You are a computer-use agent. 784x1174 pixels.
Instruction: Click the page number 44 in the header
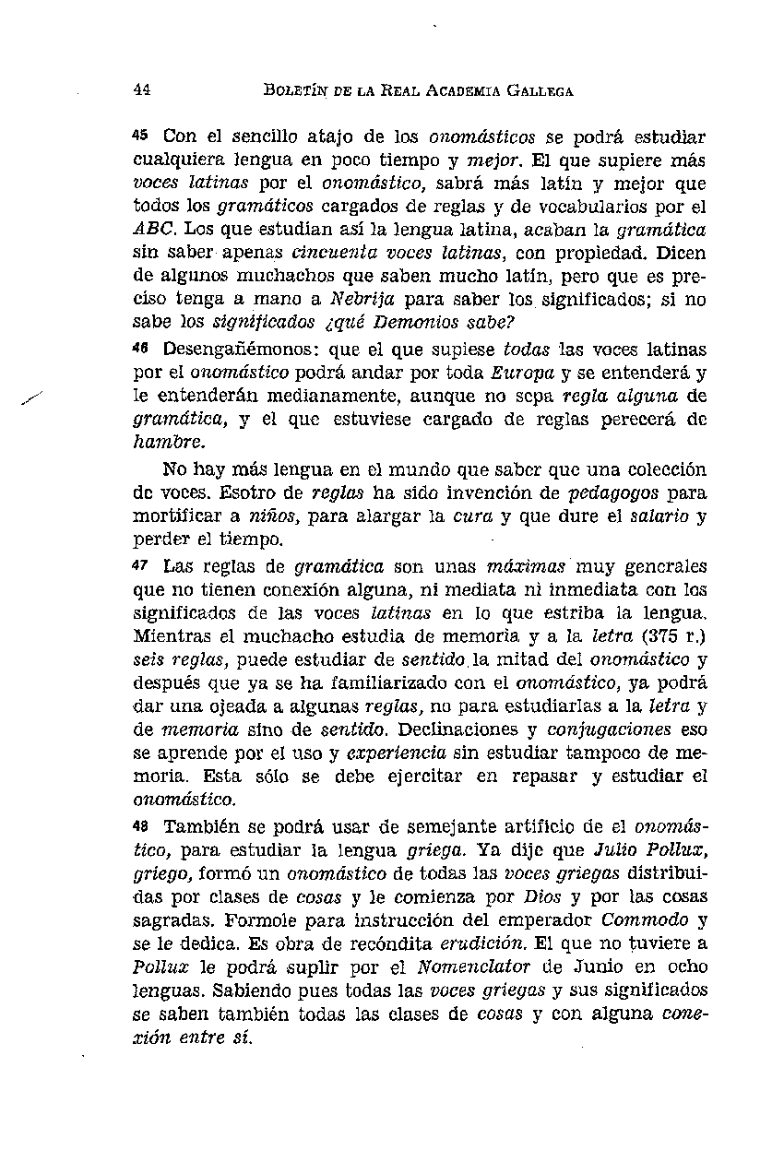click(x=142, y=90)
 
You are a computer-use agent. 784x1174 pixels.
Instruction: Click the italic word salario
click(x=659, y=516)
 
